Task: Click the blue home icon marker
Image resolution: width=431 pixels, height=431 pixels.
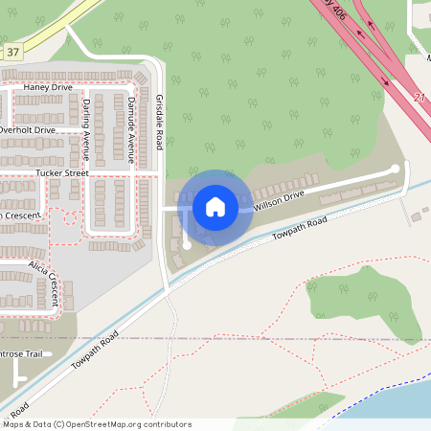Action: point(215,206)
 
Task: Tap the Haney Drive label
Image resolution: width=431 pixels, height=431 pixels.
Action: point(48,87)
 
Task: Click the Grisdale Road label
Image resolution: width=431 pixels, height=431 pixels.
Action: point(160,122)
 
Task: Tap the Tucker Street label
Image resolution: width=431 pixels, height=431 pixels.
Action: point(61,173)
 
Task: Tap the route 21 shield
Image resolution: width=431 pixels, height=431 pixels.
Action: point(419,97)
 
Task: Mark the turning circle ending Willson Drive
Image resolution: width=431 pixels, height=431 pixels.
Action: point(395,169)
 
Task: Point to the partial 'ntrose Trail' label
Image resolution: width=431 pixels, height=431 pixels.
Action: point(21,354)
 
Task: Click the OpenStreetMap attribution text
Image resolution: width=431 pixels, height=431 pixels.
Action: point(96,424)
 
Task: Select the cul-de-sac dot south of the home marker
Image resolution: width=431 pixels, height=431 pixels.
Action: point(187,245)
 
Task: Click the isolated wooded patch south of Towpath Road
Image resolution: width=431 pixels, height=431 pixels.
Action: point(364,302)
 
